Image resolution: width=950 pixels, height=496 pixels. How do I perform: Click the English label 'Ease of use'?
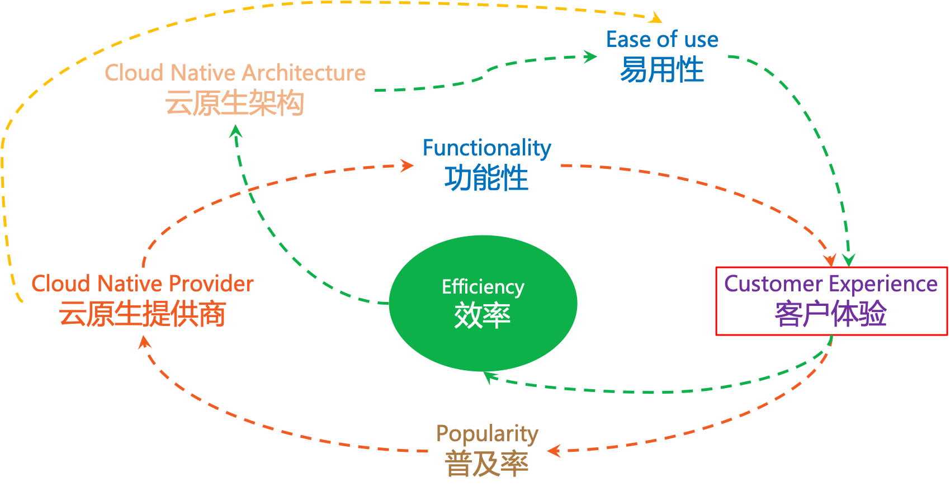(x=662, y=40)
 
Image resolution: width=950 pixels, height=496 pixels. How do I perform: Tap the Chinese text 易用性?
(x=662, y=70)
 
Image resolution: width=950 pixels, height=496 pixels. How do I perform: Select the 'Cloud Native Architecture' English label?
(x=235, y=73)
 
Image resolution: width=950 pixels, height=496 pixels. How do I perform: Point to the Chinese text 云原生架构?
(x=235, y=103)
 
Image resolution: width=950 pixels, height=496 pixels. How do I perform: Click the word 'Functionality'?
(x=486, y=148)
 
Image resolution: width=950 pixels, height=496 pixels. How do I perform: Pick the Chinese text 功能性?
(x=486, y=178)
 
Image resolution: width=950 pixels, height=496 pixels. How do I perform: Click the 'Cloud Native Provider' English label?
(x=142, y=284)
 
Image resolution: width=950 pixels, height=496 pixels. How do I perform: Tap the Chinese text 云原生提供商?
(x=142, y=314)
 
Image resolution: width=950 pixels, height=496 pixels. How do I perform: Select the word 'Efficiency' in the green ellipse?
(x=483, y=287)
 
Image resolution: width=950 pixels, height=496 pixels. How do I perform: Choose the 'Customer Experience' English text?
(x=831, y=284)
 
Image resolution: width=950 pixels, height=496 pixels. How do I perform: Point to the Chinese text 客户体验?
(x=831, y=314)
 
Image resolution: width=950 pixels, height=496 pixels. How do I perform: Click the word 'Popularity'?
(x=487, y=433)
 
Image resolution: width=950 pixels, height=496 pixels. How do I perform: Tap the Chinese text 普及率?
(x=486, y=464)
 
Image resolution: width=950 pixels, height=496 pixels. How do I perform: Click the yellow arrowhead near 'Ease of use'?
(x=655, y=18)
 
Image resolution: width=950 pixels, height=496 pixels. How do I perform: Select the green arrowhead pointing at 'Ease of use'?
(x=590, y=56)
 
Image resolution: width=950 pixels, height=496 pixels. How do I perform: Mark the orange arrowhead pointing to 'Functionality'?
(x=407, y=166)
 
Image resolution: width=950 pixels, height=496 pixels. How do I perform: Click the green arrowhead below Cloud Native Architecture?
(x=236, y=131)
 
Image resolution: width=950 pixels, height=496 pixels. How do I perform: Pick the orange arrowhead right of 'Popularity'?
(x=554, y=451)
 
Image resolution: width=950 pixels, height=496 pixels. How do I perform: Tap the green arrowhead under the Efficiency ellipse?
(x=489, y=377)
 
